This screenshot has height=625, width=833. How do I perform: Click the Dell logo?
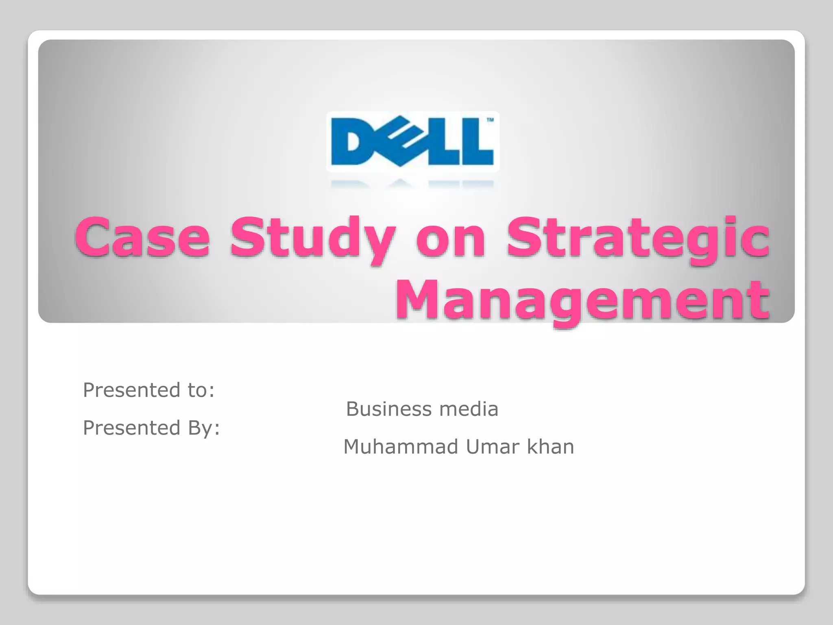point(412,142)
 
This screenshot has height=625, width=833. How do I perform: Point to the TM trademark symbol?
point(490,120)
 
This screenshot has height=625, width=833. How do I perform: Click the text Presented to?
point(148,390)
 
